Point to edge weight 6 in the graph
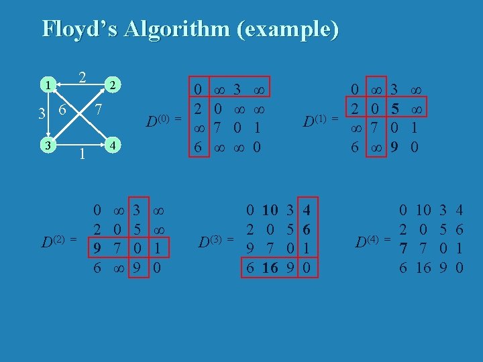click(x=62, y=110)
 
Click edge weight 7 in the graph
click(x=98, y=109)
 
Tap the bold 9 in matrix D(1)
click(x=396, y=145)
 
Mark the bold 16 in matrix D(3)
click(x=270, y=268)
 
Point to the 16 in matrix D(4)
click(x=423, y=268)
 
